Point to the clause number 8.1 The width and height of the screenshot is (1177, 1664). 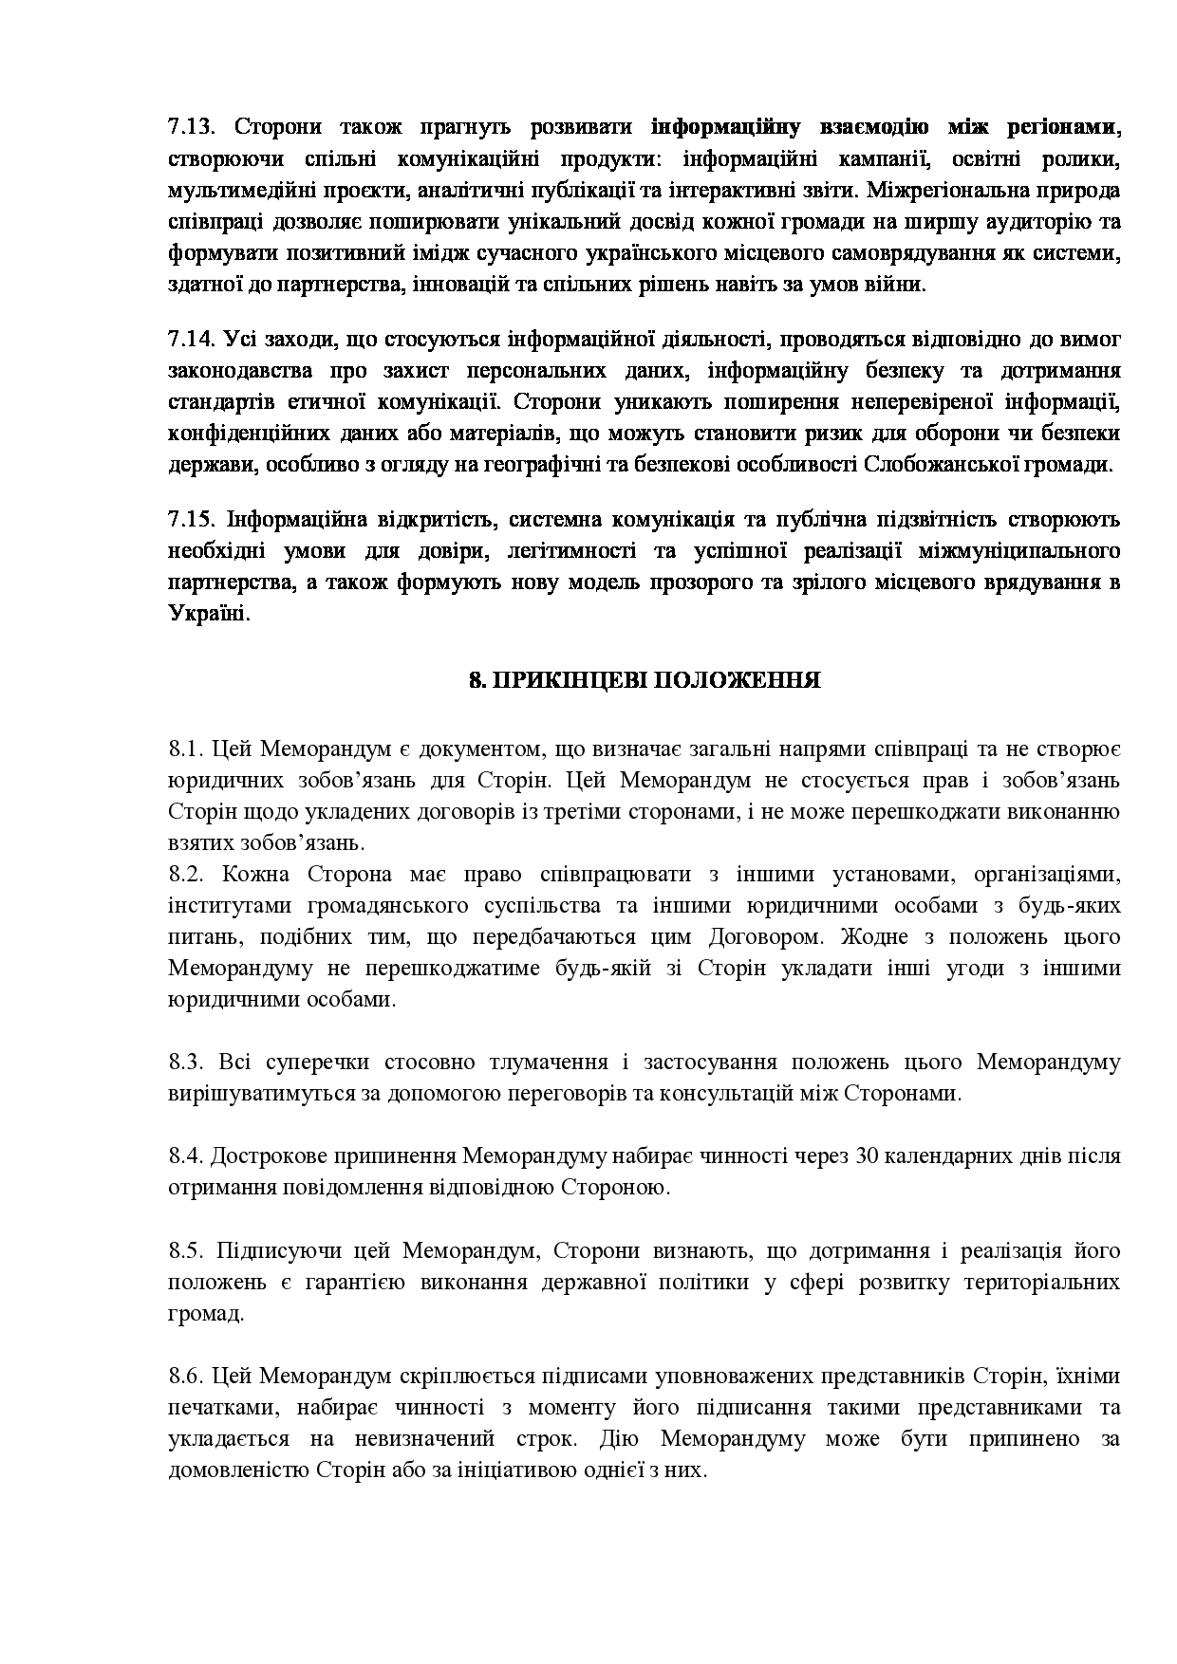[x=186, y=749]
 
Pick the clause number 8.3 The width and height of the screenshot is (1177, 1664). [x=186, y=1062]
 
